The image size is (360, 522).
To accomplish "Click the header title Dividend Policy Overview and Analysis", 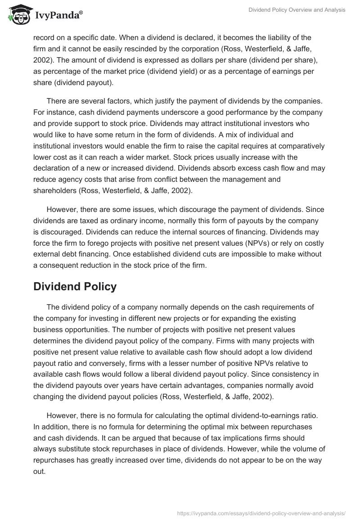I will [297, 10].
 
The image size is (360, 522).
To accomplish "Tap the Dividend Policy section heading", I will [75, 286].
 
